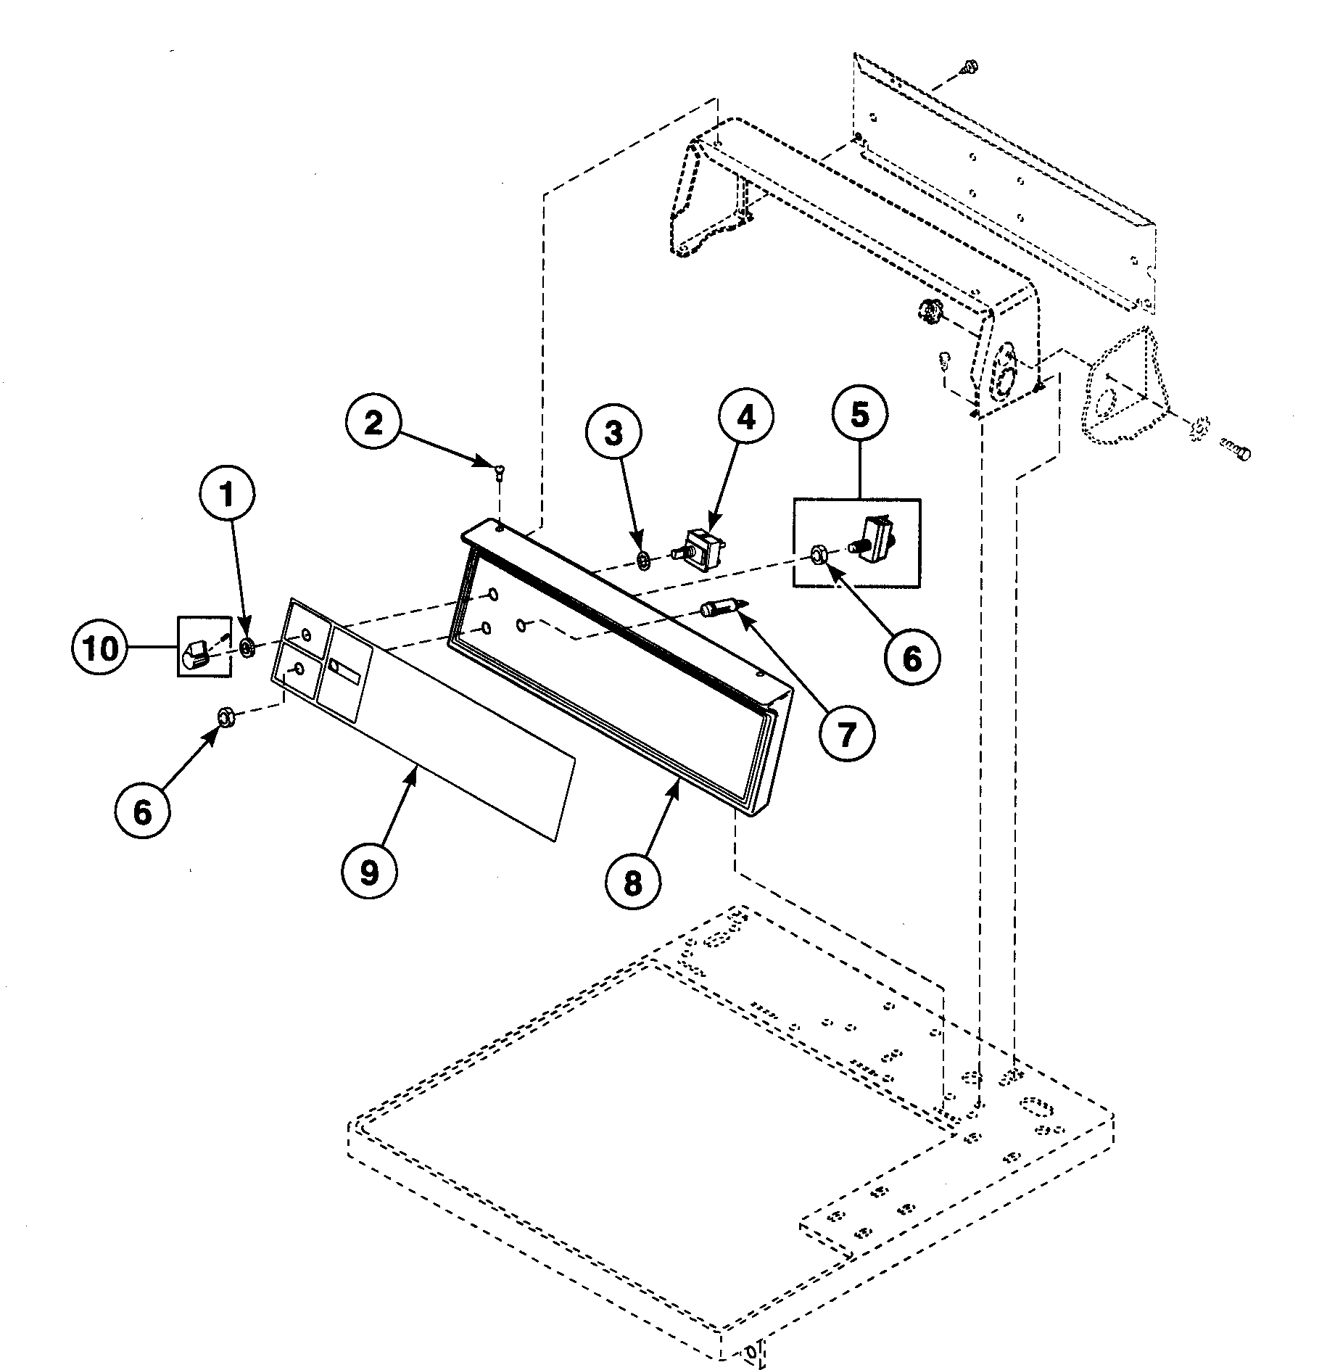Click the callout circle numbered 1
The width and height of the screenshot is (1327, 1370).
point(227,495)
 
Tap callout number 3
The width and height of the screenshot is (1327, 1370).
point(613,434)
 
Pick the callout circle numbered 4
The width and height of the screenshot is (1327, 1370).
point(746,419)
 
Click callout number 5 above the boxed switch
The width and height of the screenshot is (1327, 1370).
point(859,416)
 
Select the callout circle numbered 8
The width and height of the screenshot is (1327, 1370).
point(632,883)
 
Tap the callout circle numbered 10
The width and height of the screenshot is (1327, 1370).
point(99,648)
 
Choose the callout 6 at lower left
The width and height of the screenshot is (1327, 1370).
point(143,812)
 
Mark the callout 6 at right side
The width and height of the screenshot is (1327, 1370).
point(911,659)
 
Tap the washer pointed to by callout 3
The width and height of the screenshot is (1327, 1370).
point(643,560)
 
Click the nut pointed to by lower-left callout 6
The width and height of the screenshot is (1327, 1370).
point(225,718)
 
